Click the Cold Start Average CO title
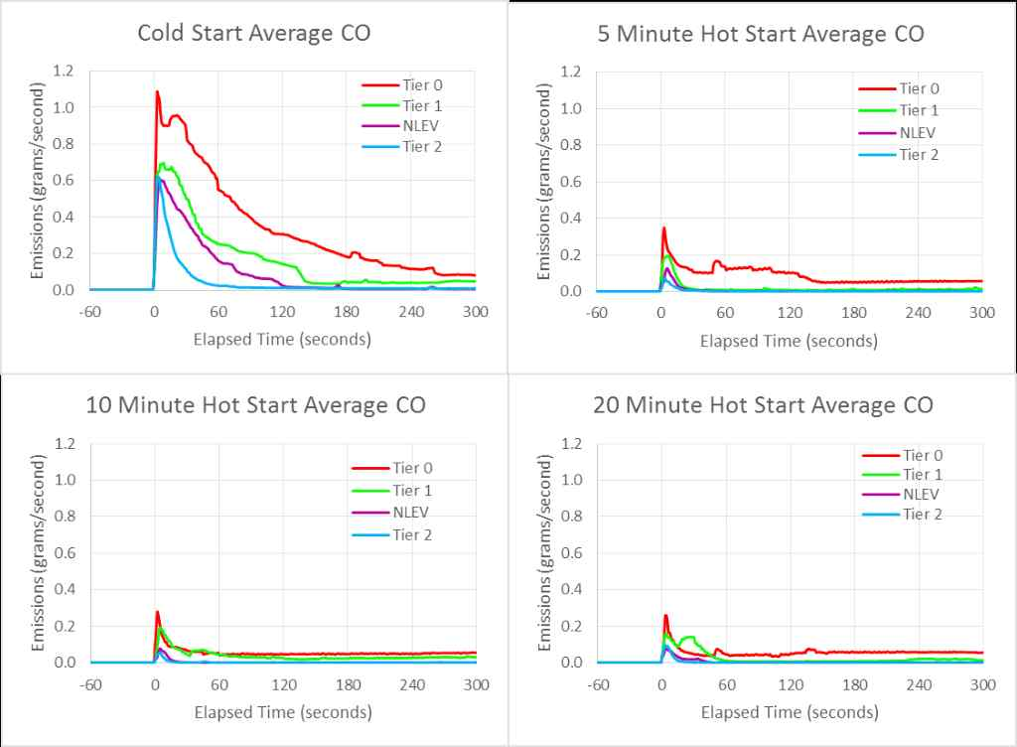[x=253, y=33]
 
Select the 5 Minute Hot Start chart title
[x=761, y=34]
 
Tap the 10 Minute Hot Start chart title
[x=255, y=405]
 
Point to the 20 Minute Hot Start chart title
[x=763, y=405]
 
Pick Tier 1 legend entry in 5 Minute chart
[x=918, y=110]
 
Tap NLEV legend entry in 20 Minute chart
[x=918, y=494]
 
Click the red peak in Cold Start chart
[x=157, y=92]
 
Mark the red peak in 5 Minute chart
[x=663, y=228]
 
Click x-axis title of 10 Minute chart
[x=282, y=712]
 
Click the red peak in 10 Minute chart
[x=157, y=612]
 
